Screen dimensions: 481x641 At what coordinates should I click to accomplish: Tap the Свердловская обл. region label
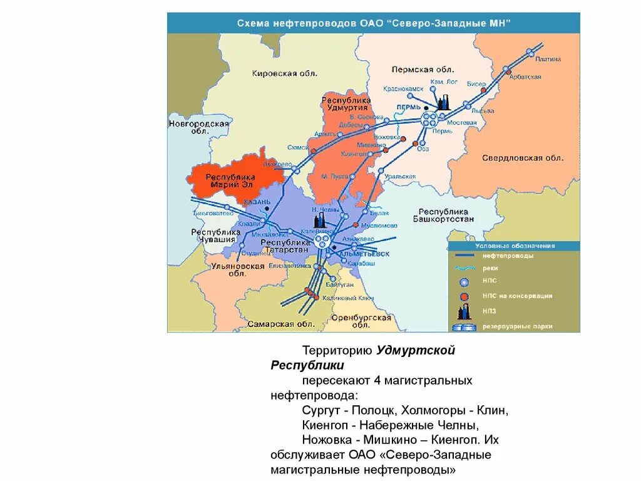pos(523,158)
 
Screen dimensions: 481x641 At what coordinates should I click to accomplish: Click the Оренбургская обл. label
pos(357,321)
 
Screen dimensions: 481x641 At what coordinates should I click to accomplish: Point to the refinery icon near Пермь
pos(444,103)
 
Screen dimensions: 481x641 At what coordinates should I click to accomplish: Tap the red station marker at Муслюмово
pos(356,224)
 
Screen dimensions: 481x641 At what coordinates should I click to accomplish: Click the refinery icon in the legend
pos(464,311)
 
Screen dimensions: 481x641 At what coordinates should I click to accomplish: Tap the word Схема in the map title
pos(252,23)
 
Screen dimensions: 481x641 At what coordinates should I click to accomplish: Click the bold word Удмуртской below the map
pos(416,351)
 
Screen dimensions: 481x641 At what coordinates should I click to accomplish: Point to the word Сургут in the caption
pos(319,410)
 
